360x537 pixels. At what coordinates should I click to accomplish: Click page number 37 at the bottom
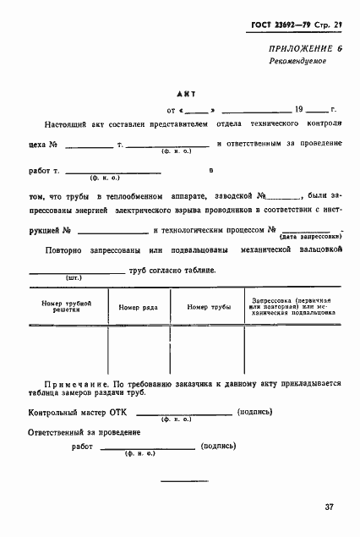tap(328, 507)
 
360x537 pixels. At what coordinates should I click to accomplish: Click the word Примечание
tap(79, 384)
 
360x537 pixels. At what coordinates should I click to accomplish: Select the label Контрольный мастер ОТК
tap(76, 414)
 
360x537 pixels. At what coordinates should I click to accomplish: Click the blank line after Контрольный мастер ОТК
tap(184, 414)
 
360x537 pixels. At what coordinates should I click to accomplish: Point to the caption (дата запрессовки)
tap(312, 238)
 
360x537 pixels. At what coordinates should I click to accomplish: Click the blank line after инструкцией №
tap(114, 231)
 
